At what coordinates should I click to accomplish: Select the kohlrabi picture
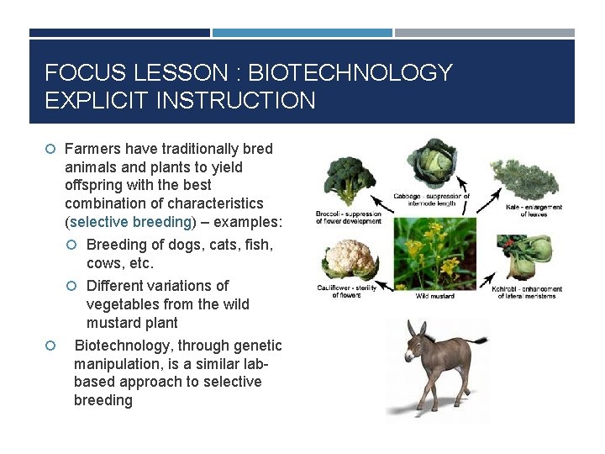pos(528,257)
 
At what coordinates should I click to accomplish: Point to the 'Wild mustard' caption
pos(436,296)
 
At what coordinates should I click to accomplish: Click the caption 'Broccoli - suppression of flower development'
pos(346,217)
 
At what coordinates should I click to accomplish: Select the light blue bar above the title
pos(302,33)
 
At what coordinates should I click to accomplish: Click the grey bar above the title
pos(485,33)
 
